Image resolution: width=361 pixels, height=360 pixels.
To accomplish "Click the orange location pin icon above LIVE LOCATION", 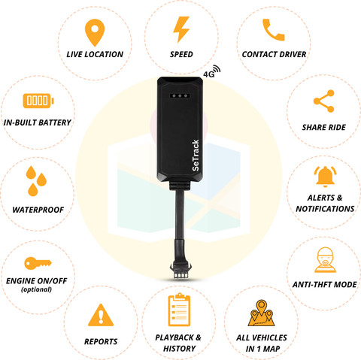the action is tap(95, 32).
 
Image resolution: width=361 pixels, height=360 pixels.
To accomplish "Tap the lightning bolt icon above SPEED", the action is tap(181, 29).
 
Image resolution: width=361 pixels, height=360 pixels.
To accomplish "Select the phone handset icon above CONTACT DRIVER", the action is tap(274, 29).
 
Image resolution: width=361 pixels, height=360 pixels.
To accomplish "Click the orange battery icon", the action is tap(38, 101).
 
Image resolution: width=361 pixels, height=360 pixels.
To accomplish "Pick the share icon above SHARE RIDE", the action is tap(324, 101).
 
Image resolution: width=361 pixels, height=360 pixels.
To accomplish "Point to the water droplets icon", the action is tap(36, 181).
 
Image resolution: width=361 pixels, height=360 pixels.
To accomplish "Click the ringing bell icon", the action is tap(325, 177).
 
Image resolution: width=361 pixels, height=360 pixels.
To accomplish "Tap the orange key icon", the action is tap(38, 263).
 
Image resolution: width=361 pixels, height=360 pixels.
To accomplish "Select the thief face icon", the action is tap(325, 260).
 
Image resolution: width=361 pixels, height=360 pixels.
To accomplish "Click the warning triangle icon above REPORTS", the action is tap(101, 315).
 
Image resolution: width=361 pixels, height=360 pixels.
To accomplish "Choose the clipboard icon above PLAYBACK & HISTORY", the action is tap(179, 310).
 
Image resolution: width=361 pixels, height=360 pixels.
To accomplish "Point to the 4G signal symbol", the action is tap(212, 71).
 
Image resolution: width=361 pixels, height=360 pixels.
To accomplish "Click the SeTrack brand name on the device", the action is tap(196, 156).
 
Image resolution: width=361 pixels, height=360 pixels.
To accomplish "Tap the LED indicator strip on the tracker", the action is tap(180, 95).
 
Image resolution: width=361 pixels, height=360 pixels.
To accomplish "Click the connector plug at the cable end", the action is tap(180, 270).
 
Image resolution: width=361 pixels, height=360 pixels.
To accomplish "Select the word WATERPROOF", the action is tap(38, 210).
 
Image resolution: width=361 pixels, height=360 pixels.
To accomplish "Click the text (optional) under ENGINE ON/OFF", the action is tap(37, 289).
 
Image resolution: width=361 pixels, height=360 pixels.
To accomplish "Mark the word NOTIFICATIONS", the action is tap(325, 209).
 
